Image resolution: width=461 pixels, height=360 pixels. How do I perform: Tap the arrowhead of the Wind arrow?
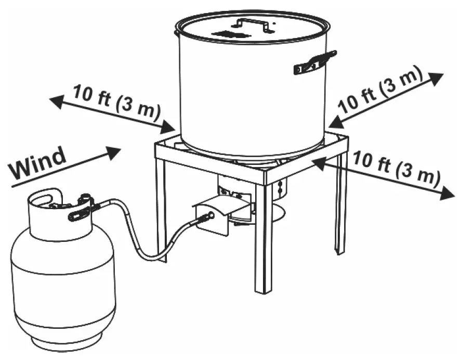point(113,151)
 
